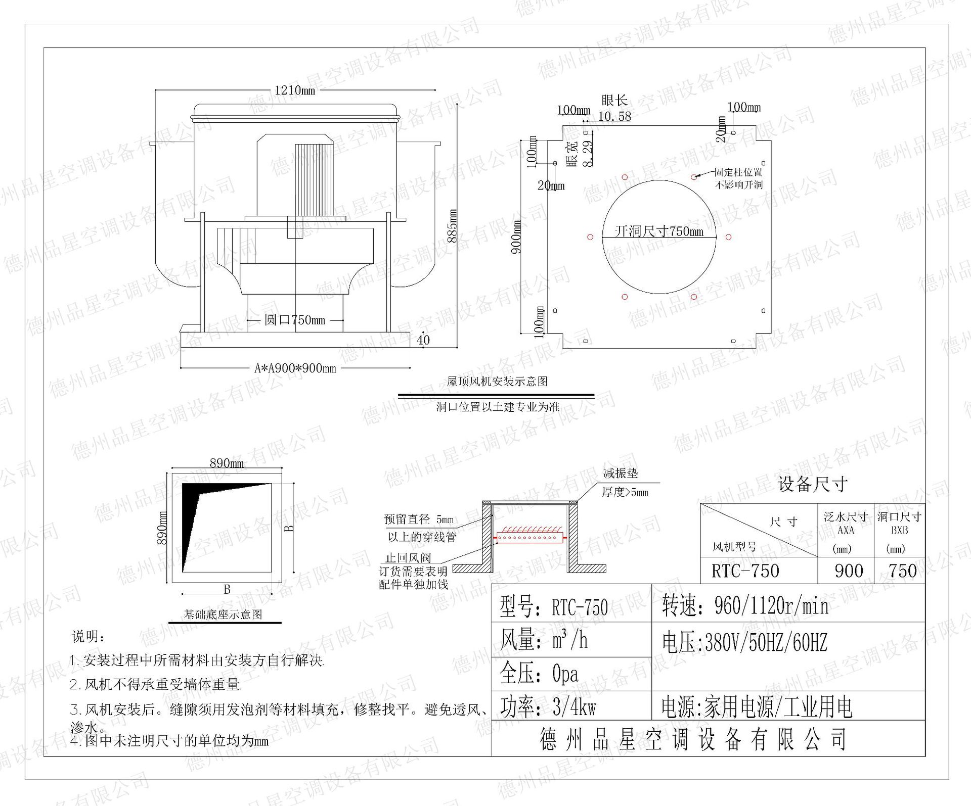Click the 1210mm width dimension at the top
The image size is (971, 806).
point(294,90)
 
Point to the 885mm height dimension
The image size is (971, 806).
point(453,225)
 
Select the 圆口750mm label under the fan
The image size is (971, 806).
point(294,320)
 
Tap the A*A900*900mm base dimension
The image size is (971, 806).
point(295,368)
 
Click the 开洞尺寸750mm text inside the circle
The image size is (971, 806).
point(659,231)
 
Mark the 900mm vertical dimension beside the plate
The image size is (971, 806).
point(516,236)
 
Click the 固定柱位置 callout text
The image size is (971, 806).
point(738,172)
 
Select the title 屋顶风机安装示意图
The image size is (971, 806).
point(497,381)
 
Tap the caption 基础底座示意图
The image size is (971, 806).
point(223,614)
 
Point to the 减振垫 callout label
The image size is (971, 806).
point(621,473)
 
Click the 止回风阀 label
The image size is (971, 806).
point(408,558)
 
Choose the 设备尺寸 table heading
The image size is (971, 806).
point(812,484)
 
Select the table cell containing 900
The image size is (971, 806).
point(849,571)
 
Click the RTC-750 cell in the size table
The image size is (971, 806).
point(745,571)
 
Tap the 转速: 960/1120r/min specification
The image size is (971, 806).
point(745,606)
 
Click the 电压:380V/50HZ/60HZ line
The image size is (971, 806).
point(744,643)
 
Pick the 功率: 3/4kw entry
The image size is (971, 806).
point(548,707)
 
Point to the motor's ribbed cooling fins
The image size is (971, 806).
point(314,179)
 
